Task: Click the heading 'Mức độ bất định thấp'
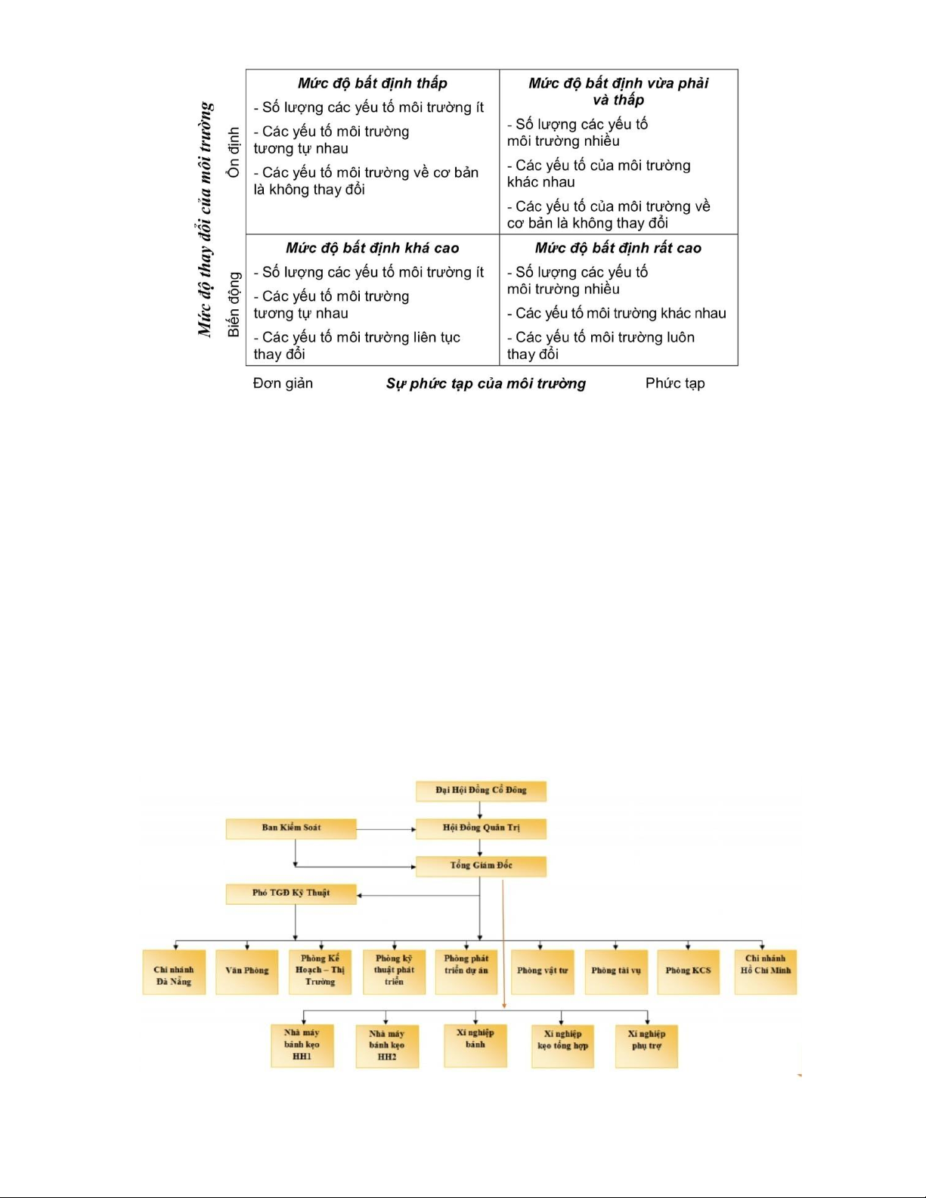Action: point(372,83)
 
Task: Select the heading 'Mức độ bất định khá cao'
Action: point(372,248)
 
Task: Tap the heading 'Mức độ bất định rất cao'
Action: point(618,248)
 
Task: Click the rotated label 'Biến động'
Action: point(234,304)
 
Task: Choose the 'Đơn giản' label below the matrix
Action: point(283,383)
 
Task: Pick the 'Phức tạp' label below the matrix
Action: point(674,383)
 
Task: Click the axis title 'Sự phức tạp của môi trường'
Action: point(485,384)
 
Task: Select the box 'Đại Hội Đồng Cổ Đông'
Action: point(481,791)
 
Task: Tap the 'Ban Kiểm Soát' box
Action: point(291,828)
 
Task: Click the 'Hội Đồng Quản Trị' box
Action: point(481,828)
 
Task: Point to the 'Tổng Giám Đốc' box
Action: point(481,866)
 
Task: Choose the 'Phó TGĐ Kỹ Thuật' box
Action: point(291,893)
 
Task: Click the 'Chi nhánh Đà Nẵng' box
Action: point(174,972)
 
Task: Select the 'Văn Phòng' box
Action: point(246,971)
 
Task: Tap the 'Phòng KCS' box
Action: point(688,971)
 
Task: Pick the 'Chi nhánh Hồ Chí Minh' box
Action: point(765,971)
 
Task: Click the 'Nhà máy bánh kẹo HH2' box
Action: point(387,1046)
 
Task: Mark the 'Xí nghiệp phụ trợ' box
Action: point(646,1045)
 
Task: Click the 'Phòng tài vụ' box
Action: point(615,971)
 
